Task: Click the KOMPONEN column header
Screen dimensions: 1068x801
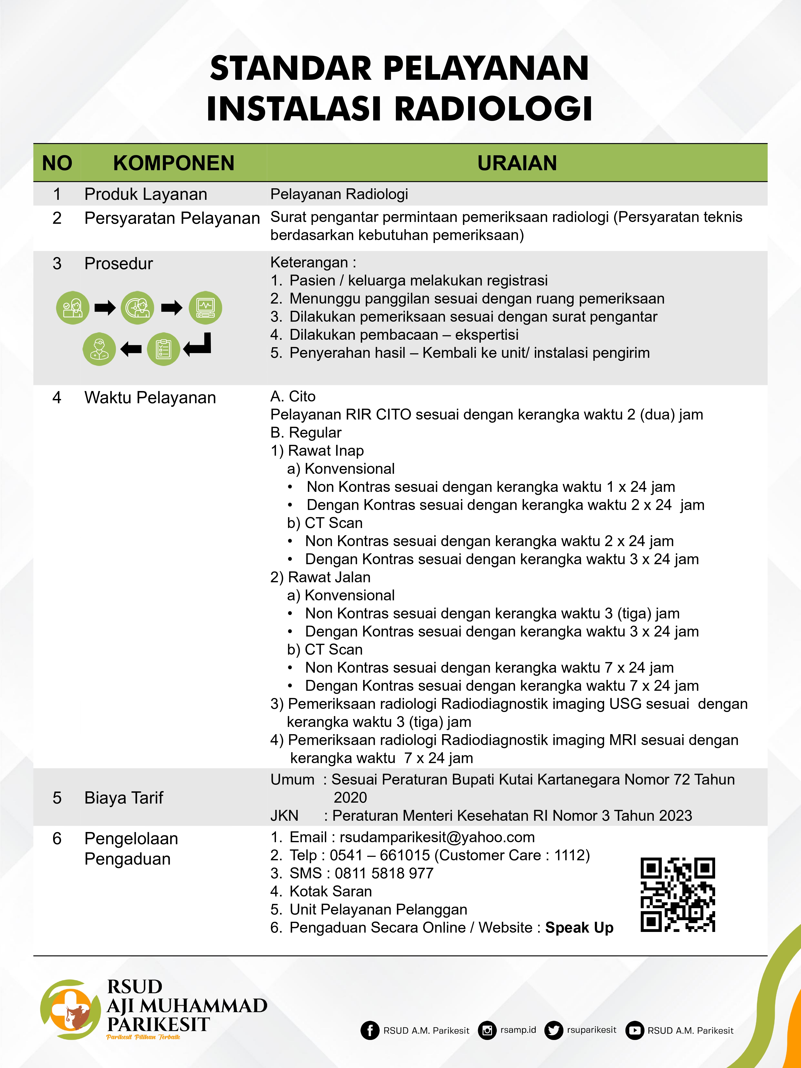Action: (x=174, y=163)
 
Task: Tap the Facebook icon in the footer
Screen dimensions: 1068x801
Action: (x=370, y=1030)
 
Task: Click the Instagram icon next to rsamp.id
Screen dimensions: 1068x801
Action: (x=487, y=1030)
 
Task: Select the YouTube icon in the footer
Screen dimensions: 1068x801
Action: (x=634, y=1030)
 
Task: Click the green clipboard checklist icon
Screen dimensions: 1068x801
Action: (x=164, y=349)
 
